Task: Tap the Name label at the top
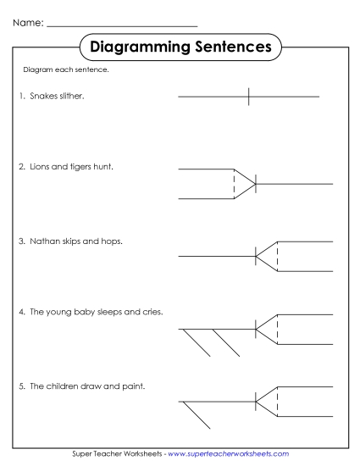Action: [x=27, y=21]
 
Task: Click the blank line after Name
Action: [x=123, y=26]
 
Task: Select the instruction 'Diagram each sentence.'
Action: [x=65, y=69]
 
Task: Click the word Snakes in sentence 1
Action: [x=43, y=97]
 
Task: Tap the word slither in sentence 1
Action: [x=72, y=97]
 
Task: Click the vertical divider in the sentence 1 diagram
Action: [x=248, y=97]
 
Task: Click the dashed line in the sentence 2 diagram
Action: [x=234, y=183]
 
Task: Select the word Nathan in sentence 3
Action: [x=45, y=241]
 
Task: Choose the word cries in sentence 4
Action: [x=152, y=312]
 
